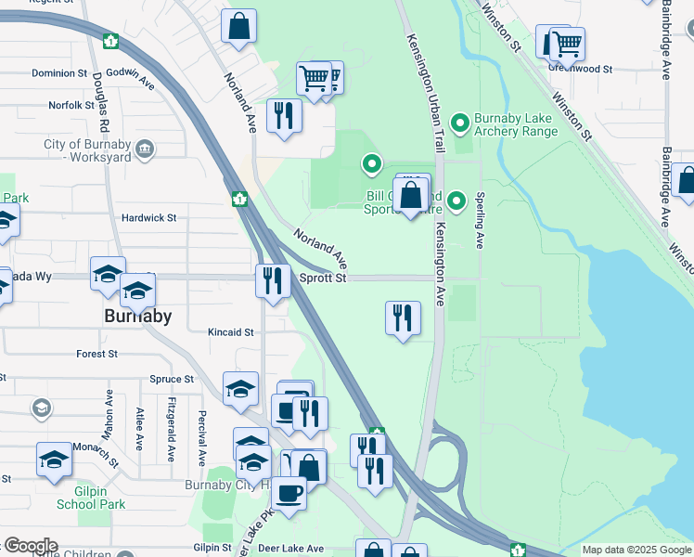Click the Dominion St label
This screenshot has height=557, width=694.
click(x=58, y=73)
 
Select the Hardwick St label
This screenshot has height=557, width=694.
click(x=148, y=218)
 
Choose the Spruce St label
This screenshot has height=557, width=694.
click(x=172, y=380)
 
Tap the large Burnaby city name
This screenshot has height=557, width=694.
click(x=135, y=316)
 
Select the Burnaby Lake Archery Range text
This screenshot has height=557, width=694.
click(x=516, y=124)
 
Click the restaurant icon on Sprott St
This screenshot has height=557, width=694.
click(x=272, y=280)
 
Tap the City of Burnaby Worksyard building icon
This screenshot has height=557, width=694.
click(x=144, y=149)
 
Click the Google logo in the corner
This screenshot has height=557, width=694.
click(x=30, y=546)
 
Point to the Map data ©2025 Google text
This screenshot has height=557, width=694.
click(x=636, y=550)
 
